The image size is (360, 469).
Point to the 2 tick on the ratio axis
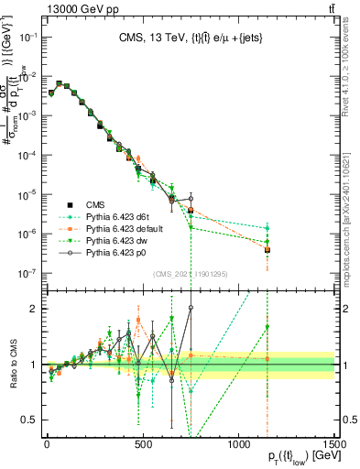(35, 309)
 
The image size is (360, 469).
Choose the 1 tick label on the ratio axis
(35, 365)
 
